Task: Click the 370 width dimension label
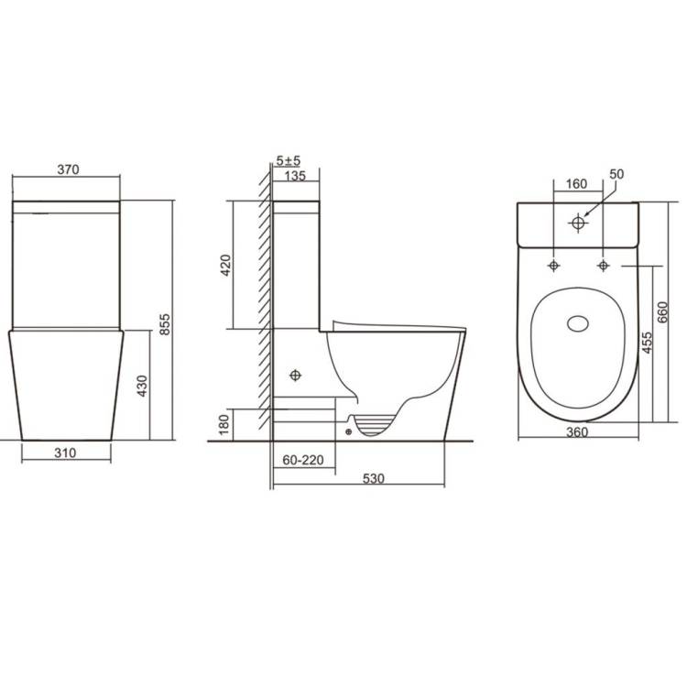click(69, 169)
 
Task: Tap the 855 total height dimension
click(165, 324)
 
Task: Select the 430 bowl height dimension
click(142, 386)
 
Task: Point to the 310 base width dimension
click(65, 453)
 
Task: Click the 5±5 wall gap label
click(289, 161)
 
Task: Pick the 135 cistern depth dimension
click(295, 176)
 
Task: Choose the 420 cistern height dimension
click(225, 265)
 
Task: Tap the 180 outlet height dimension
click(224, 424)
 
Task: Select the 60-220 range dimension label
click(303, 460)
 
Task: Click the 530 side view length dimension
click(374, 478)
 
